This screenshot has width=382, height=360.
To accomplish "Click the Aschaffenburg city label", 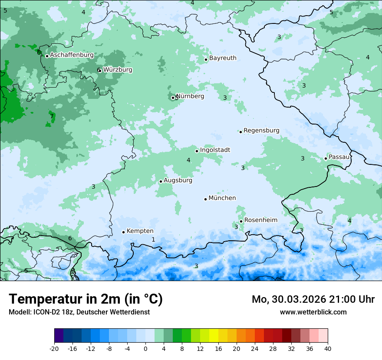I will click(72, 55).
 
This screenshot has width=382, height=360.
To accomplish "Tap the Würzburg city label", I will click(118, 70).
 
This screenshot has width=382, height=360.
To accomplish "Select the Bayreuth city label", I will click(223, 58).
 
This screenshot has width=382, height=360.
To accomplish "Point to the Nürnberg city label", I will click(190, 96).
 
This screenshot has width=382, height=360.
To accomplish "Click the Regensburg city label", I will click(261, 131).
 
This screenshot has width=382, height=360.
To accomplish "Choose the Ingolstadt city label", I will click(215, 150).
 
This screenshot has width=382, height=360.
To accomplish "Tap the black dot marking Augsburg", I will click(161, 181).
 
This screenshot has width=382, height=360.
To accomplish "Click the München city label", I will click(222, 198).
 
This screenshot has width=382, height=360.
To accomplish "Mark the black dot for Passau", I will click(326, 158).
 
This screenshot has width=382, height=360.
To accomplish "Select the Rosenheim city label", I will click(260, 220).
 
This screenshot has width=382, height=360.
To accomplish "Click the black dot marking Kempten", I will click(123, 232).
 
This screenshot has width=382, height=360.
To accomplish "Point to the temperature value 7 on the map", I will click(52, 116).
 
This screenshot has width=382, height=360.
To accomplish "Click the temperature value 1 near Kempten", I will click(153, 239).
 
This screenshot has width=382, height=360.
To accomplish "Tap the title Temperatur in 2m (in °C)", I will click(86, 299).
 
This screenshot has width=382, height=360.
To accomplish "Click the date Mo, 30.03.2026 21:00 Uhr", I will click(313, 299).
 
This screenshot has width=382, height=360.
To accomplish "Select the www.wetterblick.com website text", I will click(313, 312).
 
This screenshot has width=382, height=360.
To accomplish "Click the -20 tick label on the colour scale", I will click(54, 348).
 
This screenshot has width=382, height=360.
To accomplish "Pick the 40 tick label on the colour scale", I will click(328, 348).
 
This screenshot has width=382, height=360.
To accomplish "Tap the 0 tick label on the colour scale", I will click(145, 348).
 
